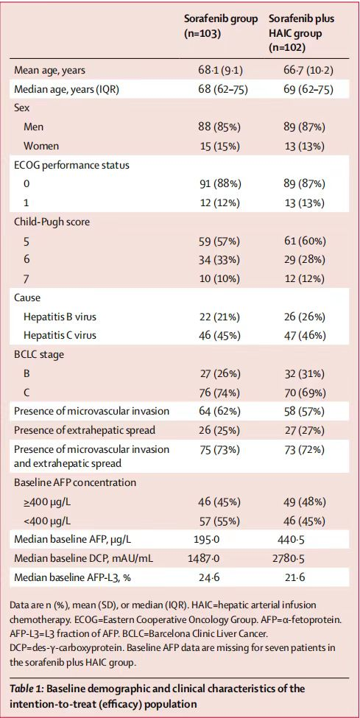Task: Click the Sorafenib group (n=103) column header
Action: (x=219, y=27)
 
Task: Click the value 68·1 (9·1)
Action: (x=217, y=71)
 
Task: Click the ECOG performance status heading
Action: (x=71, y=165)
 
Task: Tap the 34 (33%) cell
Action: (x=217, y=260)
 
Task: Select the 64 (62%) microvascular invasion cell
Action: (x=217, y=411)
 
